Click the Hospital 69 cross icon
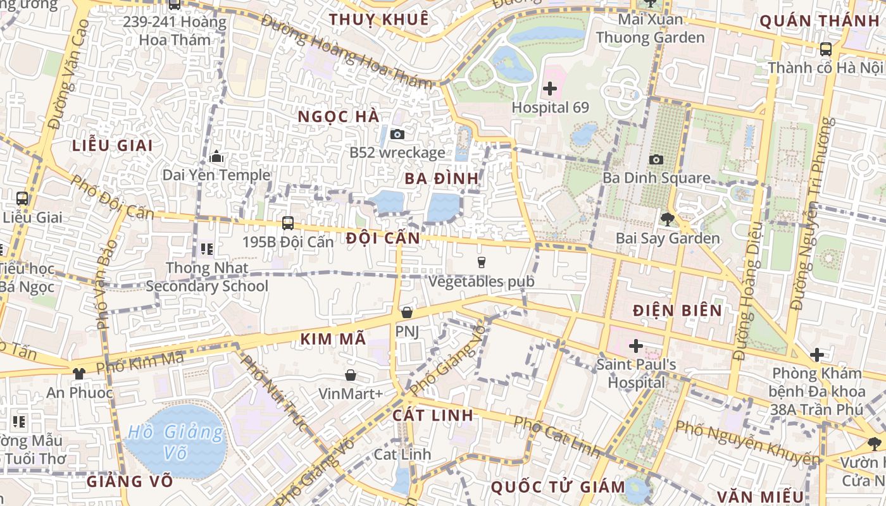550,89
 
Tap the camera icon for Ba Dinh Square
656,159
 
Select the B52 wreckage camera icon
397,134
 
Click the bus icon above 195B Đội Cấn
288,223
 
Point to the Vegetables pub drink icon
481,262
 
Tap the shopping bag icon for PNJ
406,312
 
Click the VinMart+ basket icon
350,375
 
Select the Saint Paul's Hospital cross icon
636,346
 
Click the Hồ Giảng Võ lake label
175,442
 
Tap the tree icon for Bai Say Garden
667,219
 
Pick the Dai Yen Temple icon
216,156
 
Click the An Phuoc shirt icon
79,373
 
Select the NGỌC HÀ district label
339,116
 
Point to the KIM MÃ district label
333,339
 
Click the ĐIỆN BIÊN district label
678,310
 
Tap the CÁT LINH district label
433,415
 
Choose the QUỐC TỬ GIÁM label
558,487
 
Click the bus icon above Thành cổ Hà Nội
825,49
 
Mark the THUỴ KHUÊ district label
379,19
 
